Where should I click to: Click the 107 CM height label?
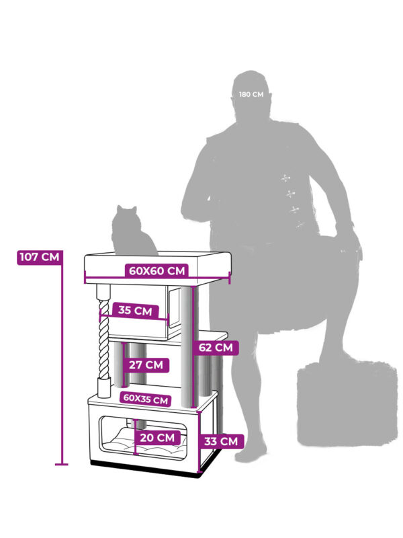coord(40,257)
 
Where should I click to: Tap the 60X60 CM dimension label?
coord(156,271)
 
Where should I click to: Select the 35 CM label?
coord(135,311)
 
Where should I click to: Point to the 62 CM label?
coord(216,348)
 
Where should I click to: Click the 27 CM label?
coord(146,364)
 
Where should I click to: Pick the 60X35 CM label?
coord(146,399)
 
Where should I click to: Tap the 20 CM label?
coord(157,438)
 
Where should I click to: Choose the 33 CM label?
coord(221,441)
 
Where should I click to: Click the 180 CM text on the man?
coord(251,94)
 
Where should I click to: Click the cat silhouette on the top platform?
coord(132,231)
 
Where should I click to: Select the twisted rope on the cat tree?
coord(104,338)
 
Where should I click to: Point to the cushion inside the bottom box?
coord(146,445)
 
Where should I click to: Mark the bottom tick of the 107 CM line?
coord(62,464)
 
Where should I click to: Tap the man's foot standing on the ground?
coord(251,452)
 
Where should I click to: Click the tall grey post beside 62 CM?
coord(187,346)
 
